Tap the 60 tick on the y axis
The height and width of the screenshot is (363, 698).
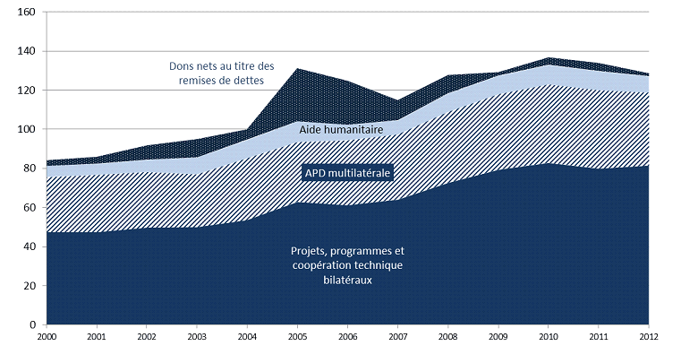27,207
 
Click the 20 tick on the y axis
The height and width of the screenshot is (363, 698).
27,285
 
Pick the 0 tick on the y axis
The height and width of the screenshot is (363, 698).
30,324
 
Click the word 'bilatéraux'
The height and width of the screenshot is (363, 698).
348,280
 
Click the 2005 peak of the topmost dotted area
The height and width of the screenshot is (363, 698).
297,68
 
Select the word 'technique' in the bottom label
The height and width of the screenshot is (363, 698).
379,265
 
